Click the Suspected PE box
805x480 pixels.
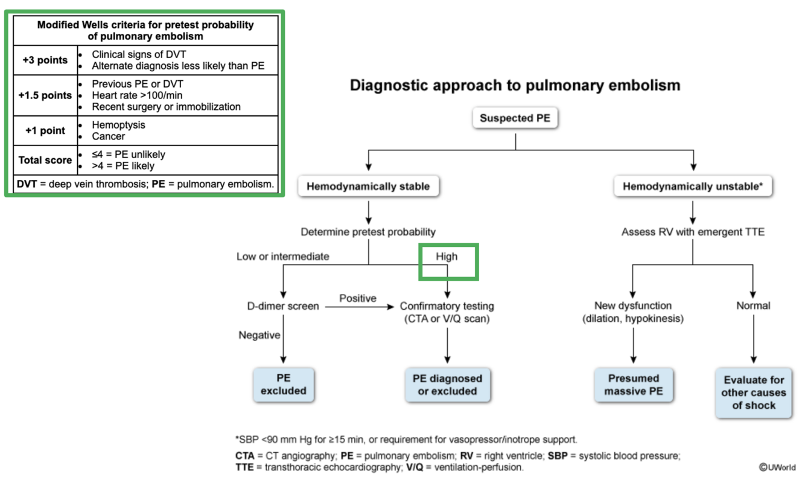pyautogui.click(x=515, y=118)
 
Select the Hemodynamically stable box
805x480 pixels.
pyautogui.click(x=368, y=187)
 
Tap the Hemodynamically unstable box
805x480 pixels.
pyautogui.click(x=693, y=187)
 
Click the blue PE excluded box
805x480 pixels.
pyautogui.click(x=283, y=385)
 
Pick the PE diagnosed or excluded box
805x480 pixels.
pyautogui.click(x=447, y=385)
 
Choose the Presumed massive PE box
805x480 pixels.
pyautogui.click(x=633, y=385)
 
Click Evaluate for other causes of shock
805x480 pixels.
pyautogui.click(x=753, y=392)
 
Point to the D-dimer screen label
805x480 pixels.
pyautogui.click(x=283, y=306)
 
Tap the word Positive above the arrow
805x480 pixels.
pyautogui.click(x=357, y=298)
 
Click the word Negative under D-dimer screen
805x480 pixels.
pyautogui.click(x=259, y=334)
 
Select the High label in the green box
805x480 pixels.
pyautogui.click(x=447, y=257)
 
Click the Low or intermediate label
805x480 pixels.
pyautogui.click(x=283, y=257)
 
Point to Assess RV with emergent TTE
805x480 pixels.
pyautogui.click(x=693, y=232)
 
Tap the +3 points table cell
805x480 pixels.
pyautogui.click(x=45, y=60)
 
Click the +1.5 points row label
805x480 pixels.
pyautogui.click(x=45, y=95)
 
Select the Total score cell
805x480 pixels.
pyautogui.click(x=45, y=160)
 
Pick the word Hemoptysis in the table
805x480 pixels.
pyautogui.click(x=118, y=125)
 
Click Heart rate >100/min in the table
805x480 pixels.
pyautogui.click(x=137, y=95)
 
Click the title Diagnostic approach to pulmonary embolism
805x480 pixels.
pyautogui.click(x=515, y=85)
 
